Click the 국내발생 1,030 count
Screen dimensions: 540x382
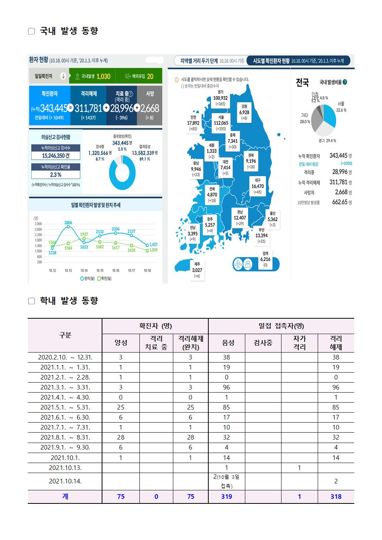pos(103,76)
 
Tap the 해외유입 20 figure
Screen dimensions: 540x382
pos(150,76)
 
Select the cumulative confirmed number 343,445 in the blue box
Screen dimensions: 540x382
pos(54,108)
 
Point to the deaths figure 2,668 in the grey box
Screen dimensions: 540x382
pos(150,108)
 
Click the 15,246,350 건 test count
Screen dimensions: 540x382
pos(56,155)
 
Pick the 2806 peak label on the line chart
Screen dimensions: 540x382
pos(68,222)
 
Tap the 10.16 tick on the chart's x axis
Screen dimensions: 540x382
pos(116,271)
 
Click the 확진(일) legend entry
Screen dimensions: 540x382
pos(104,278)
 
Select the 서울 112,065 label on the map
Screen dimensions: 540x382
pos(221,123)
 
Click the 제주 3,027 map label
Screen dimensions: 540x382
pos(197,270)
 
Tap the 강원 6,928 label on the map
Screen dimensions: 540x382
pos(244,112)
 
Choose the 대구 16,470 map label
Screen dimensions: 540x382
pos(258,186)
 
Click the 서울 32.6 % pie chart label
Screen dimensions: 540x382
pos(341,107)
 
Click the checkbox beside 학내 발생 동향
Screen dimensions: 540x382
pos(32,301)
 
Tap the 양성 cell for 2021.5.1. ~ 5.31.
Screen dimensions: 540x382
pos(121,407)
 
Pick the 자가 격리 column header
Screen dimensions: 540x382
pos(299,343)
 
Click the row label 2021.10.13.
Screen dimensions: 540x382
pos(65,468)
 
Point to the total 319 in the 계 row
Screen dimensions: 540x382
pos(226,497)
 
